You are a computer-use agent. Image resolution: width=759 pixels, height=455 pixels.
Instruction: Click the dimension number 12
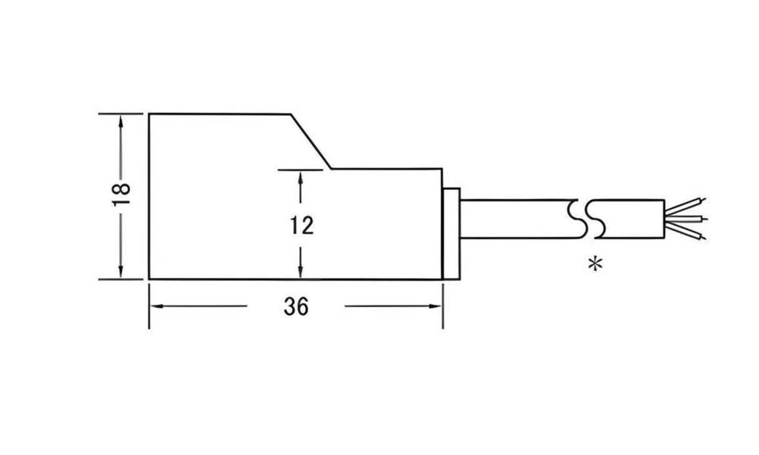[x=301, y=225]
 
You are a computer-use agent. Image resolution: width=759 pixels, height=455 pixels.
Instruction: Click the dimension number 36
[x=296, y=307]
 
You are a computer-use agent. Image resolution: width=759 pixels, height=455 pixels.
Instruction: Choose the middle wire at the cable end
[x=687, y=219]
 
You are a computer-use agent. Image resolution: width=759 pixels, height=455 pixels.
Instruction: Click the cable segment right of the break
[x=630, y=217]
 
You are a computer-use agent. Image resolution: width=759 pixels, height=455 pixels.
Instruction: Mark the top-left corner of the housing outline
[x=149, y=113]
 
